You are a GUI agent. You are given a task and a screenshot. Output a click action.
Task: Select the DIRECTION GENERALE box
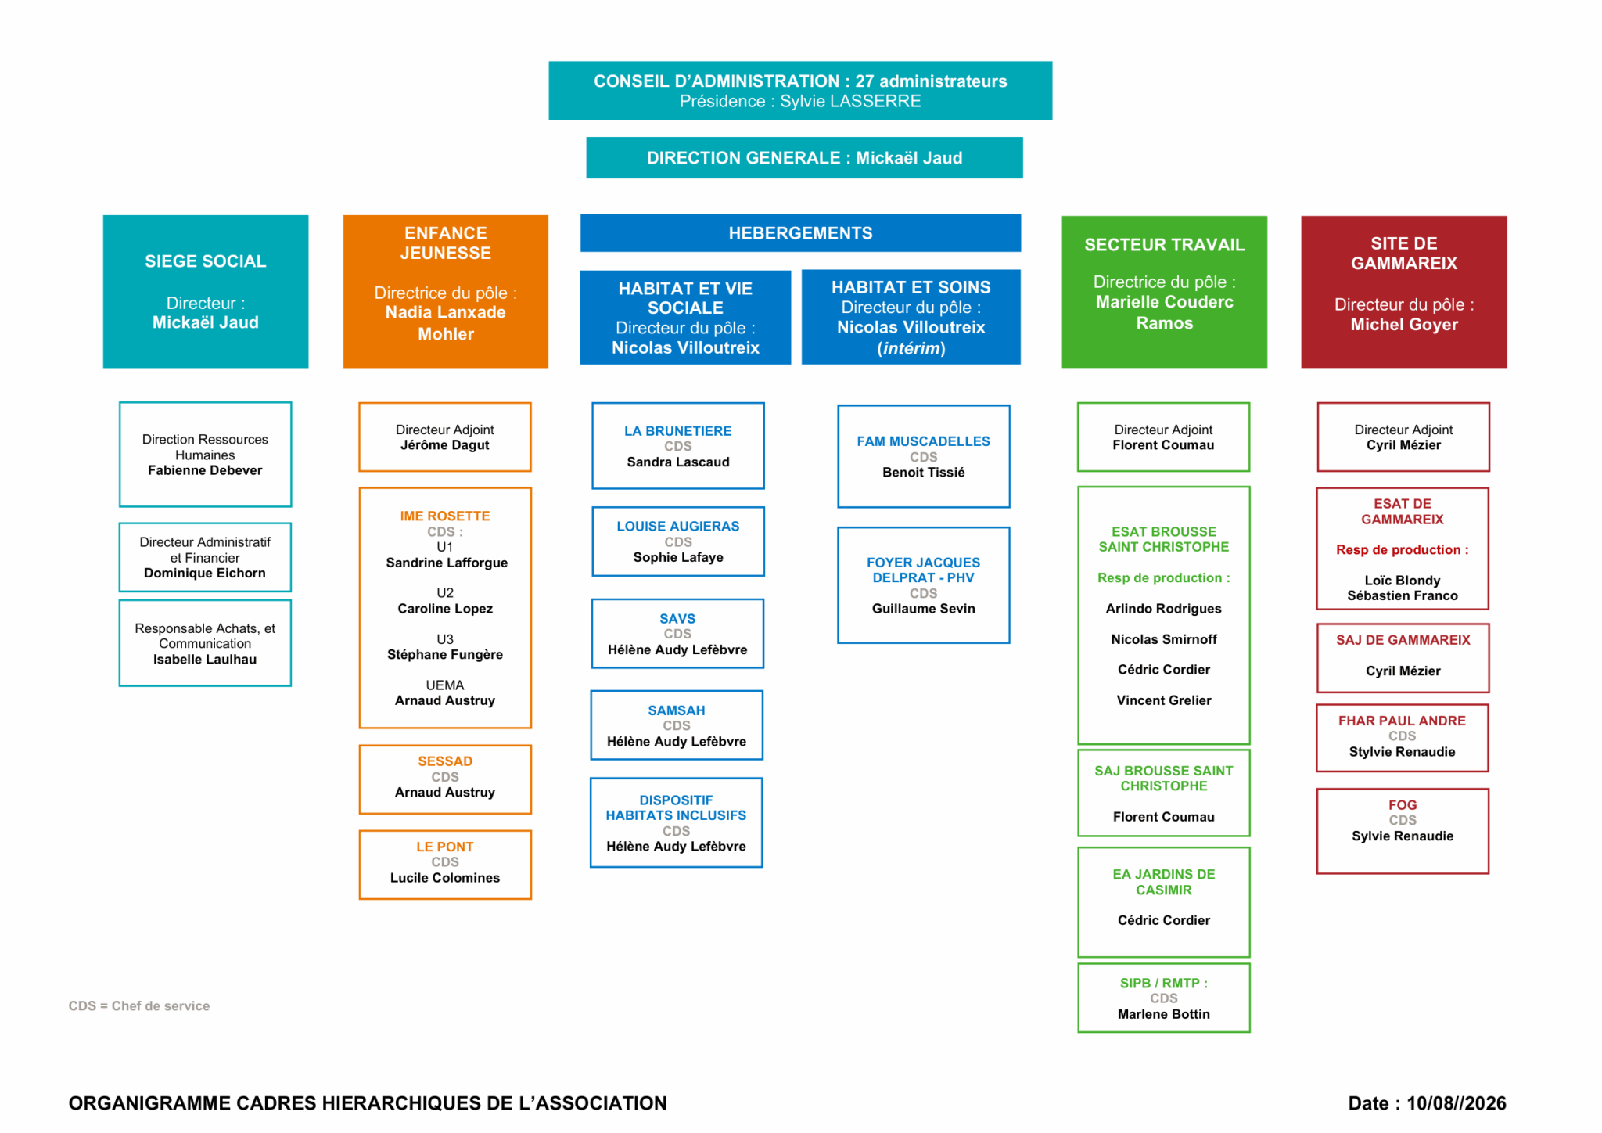[804, 158]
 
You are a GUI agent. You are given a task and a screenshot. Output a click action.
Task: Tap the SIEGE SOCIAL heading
[206, 261]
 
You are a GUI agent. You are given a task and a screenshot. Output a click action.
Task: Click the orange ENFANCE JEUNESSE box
[446, 291]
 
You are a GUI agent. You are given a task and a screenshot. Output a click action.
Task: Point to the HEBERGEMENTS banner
[800, 233]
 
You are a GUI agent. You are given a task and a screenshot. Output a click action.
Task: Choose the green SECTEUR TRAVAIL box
[1164, 292]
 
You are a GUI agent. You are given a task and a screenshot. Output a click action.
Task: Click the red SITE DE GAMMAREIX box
[1404, 292]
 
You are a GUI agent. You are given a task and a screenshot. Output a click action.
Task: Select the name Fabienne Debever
[205, 470]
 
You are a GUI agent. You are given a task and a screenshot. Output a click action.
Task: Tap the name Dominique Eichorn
[205, 574]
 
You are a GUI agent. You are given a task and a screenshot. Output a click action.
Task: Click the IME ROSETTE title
[445, 516]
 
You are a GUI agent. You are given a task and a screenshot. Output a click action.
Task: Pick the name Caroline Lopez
[445, 609]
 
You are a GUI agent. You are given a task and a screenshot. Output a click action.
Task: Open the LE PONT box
[445, 865]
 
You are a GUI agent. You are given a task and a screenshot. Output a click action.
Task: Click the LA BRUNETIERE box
[678, 446]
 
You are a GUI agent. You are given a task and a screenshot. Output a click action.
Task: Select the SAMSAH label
[677, 710]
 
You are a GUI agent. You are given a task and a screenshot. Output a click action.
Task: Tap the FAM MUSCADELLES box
[924, 456]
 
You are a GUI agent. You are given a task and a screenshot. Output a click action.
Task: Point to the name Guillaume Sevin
[924, 609]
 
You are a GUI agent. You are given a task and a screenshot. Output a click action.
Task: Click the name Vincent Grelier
[1164, 700]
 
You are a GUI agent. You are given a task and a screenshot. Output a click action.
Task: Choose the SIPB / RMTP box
[1164, 998]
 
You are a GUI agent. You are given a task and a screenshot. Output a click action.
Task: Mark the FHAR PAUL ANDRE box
[1403, 738]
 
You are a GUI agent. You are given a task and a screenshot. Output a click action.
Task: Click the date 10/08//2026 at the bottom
[1457, 1103]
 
